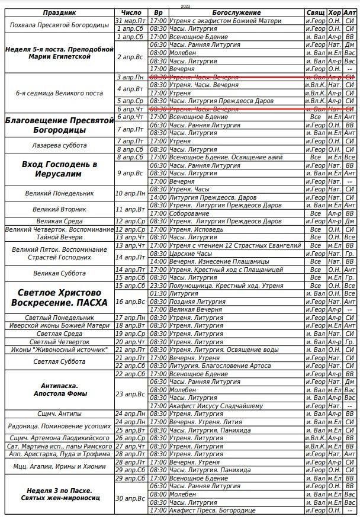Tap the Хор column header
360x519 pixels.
(x=333, y=12)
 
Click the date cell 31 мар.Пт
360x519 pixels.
(x=131, y=20)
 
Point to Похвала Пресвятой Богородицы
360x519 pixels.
(x=57, y=24)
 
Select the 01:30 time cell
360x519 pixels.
(x=158, y=293)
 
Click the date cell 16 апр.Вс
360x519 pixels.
(x=131, y=302)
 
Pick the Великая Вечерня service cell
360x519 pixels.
(x=193, y=309)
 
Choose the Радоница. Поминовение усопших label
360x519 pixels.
(x=57, y=426)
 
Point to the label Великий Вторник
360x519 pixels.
(x=57, y=209)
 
